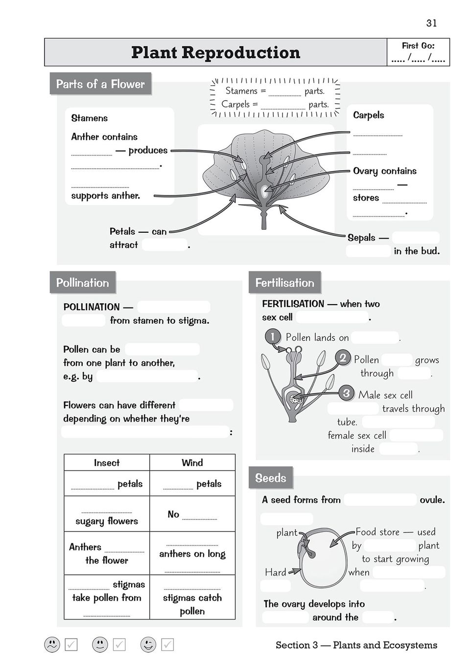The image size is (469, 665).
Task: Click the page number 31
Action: (x=431, y=23)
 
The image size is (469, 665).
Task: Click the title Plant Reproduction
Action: (x=215, y=52)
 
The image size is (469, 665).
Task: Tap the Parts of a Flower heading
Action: (x=100, y=84)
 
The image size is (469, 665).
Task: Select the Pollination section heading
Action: (x=82, y=283)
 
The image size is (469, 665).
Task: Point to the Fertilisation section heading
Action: (x=284, y=283)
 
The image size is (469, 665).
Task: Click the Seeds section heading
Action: (x=270, y=478)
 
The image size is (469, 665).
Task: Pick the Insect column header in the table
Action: (x=106, y=463)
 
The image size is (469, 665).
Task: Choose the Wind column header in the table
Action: (x=192, y=463)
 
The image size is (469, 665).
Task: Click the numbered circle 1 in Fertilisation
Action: (x=272, y=336)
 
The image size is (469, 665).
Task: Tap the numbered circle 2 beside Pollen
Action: (x=343, y=358)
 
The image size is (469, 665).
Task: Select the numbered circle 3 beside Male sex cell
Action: (x=346, y=393)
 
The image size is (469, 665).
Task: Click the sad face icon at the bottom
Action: (x=52, y=644)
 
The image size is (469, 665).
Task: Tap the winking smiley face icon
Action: (x=148, y=644)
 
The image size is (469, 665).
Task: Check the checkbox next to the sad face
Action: (x=71, y=645)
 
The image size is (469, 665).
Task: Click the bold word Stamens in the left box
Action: (x=89, y=118)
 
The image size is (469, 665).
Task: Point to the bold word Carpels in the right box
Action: (x=368, y=115)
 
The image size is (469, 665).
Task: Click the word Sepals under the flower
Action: (x=361, y=238)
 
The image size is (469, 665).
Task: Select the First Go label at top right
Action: (x=418, y=45)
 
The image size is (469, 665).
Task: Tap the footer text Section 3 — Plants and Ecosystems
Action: (x=356, y=645)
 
